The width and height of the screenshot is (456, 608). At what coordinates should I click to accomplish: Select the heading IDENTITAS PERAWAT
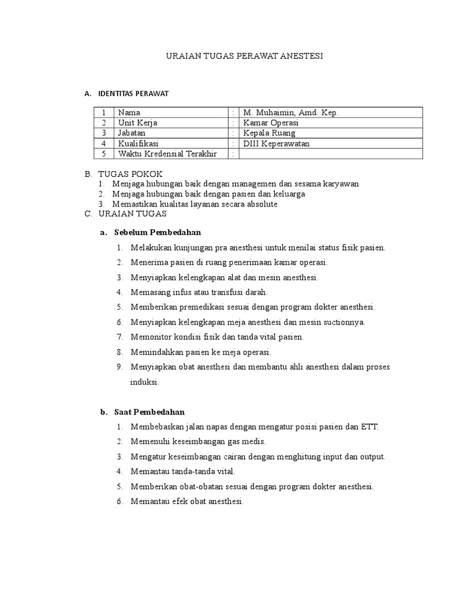(134, 93)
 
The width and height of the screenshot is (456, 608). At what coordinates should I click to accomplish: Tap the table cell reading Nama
(129, 112)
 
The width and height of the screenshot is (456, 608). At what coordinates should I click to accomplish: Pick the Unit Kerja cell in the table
(138, 122)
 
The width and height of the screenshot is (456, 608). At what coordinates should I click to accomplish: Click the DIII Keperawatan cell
(277, 143)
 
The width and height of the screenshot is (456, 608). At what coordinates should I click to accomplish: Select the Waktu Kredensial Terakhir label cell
(167, 154)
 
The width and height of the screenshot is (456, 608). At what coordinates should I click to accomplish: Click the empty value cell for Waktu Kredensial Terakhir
(330, 154)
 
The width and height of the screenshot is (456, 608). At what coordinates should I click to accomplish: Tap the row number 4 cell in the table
(103, 143)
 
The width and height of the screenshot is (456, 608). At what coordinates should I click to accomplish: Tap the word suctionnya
(343, 322)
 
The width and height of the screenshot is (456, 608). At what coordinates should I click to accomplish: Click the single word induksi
(144, 382)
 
